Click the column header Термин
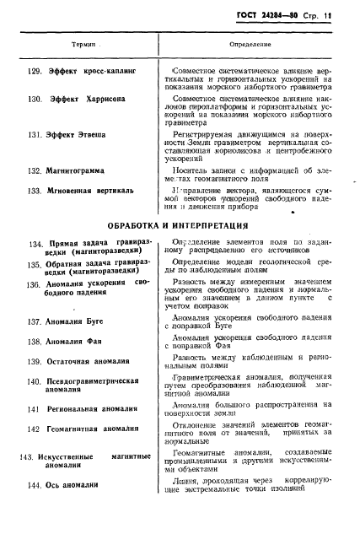point(79,41)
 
